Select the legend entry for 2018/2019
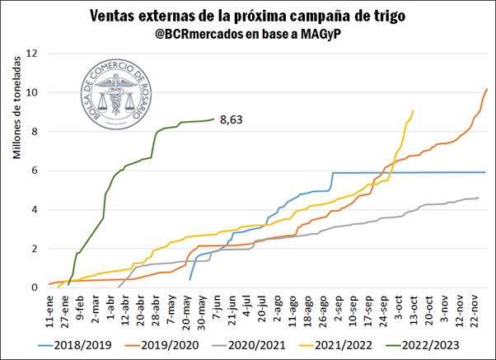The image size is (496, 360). coord(72,344)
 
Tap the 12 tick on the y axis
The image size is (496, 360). coord(32,54)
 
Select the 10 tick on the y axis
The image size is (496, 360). coord(32,92)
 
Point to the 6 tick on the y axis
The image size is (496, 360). coord(35,171)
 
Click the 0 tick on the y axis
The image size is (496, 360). coord(35,288)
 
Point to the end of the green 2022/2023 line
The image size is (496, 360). coord(213,119)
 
